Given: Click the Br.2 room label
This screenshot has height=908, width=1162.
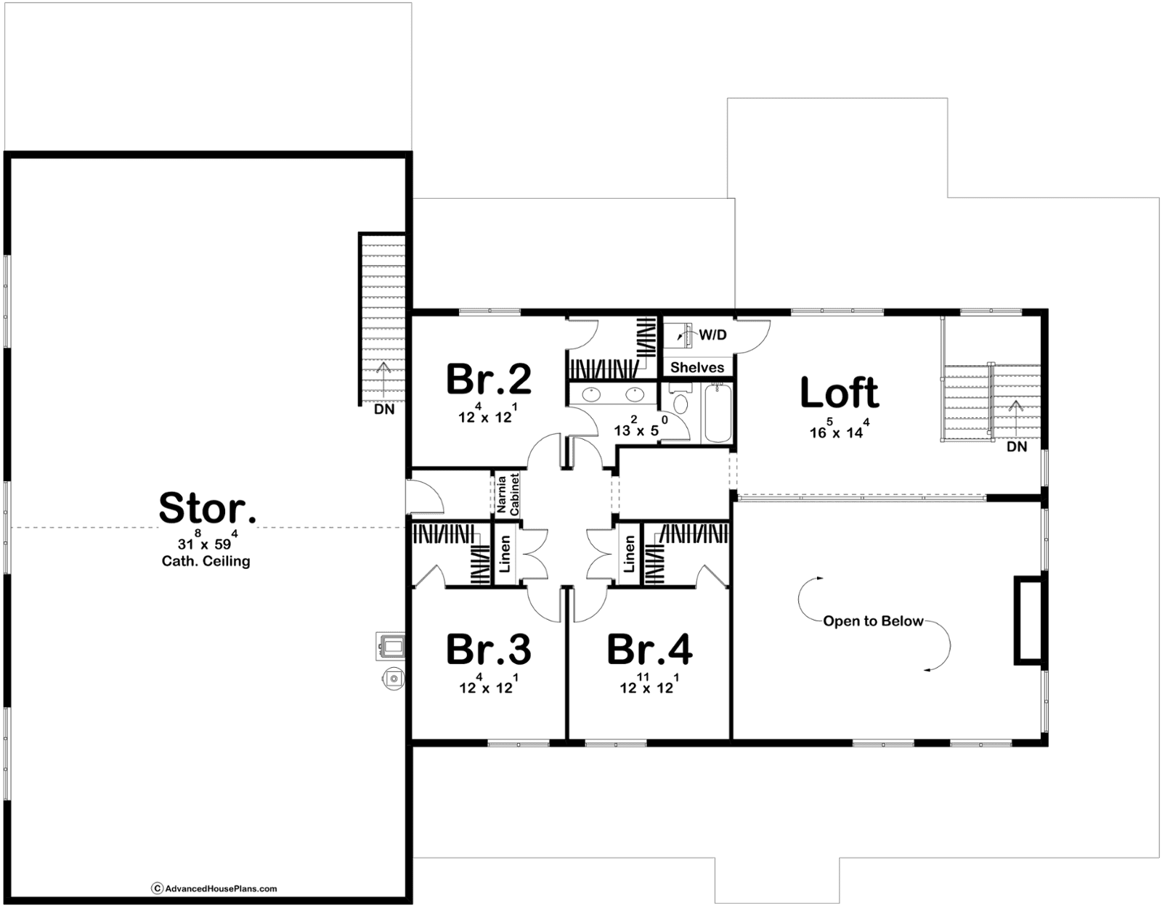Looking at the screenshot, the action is (x=489, y=379).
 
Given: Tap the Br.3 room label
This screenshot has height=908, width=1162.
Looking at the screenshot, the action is (x=489, y=650).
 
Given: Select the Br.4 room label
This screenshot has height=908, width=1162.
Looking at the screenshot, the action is (x=650, y=650).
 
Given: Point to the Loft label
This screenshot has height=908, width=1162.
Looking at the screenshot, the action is (x=840, y=393).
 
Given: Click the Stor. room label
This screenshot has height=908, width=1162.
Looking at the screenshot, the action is (x=208, y=507).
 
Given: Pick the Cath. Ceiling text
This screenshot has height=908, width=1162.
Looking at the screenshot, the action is (x=206, y=561).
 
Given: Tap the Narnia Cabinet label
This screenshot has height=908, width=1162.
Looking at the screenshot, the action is (x=508, y=494).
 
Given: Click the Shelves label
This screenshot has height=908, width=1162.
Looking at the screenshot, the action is (x=697, y=367).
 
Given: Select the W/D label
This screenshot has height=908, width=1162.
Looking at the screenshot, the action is (x=713, y=335).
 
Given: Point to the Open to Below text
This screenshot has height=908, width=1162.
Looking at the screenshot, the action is (x=873, y=621).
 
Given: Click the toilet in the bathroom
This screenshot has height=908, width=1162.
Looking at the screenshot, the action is (x=680, y=401).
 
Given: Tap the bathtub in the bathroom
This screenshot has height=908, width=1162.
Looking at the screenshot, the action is (x=718, y=413).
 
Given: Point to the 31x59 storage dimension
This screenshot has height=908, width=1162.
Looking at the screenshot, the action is (x=208, y=540).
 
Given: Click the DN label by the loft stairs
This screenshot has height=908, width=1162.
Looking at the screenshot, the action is (x=1017, y=447).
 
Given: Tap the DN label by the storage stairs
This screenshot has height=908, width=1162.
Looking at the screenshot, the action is (x=384, y=409).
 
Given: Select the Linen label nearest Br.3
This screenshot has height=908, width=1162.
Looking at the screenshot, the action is (x=505, y=555).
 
